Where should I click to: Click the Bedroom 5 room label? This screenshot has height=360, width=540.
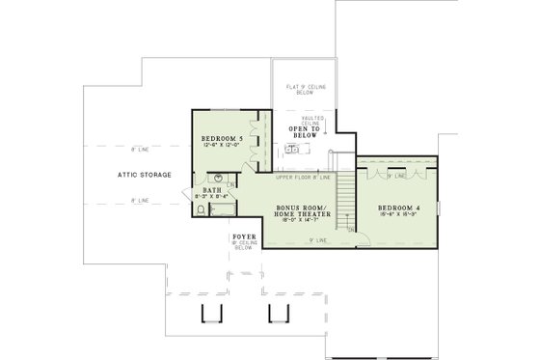[221, 139]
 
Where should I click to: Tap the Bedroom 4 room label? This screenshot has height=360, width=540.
[397, 208]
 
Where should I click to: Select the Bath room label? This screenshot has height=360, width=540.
[214, 190]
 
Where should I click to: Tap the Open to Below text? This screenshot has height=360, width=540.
[304, 131]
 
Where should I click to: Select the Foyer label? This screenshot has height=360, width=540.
[243, 236]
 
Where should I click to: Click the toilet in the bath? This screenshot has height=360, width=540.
[199, 193]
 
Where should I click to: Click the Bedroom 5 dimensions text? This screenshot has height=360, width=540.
[221, 147]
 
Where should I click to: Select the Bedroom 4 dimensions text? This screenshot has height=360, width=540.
[397, 216]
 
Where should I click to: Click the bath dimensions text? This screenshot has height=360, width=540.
[214, 197]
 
